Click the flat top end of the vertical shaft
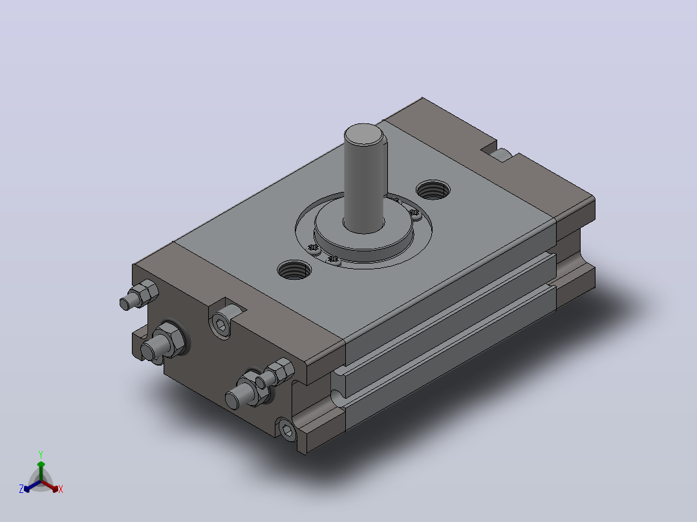point(363,134)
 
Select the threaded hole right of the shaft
point(433,190)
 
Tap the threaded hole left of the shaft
point(294,269)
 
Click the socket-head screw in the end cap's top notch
point(221,326)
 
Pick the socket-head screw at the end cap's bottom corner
point(287,430)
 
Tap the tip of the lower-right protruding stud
point(231,402)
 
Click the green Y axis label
point(41,454)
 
